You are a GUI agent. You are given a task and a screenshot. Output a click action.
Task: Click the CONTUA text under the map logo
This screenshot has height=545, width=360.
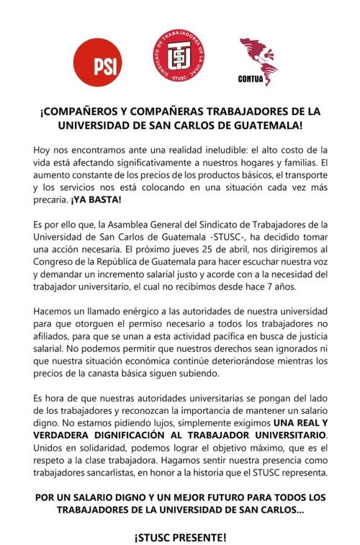(258, 79)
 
